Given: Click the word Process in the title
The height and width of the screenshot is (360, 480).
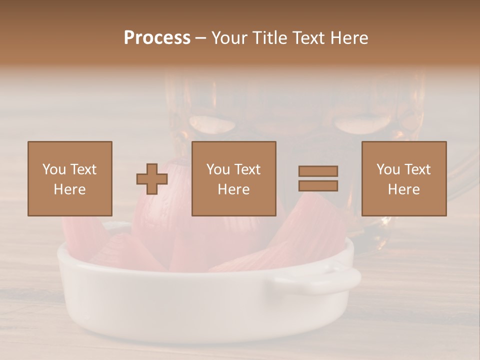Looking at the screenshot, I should pos(157,38).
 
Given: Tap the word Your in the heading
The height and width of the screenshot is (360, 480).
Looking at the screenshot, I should pos(229,38).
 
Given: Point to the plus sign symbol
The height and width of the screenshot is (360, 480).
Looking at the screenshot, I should pos(152,179).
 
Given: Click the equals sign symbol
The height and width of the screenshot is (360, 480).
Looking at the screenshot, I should pos(318,178).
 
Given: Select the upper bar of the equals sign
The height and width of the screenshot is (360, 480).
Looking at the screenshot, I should pos(318,171).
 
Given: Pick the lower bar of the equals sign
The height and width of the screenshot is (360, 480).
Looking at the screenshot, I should pos(318,186).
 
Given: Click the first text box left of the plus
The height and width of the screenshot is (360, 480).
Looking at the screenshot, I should pos(70,178).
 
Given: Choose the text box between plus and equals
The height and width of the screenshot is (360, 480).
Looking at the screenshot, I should pos(234,178).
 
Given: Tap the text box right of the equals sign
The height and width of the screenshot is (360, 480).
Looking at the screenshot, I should pos(404,178).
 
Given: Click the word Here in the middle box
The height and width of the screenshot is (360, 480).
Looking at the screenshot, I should pos(234,189).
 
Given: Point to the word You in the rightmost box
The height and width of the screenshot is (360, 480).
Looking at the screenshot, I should pos(388,169).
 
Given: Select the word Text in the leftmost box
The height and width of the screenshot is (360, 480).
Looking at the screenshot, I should pos(83,169).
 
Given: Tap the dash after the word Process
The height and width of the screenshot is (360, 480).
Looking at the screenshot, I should pos(201,38).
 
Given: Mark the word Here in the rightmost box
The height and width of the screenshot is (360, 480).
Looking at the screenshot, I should pos(404,189).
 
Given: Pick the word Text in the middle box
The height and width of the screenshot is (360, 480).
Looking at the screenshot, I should pos(248,169).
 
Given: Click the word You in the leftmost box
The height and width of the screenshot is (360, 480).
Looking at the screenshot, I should pos(54,169).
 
